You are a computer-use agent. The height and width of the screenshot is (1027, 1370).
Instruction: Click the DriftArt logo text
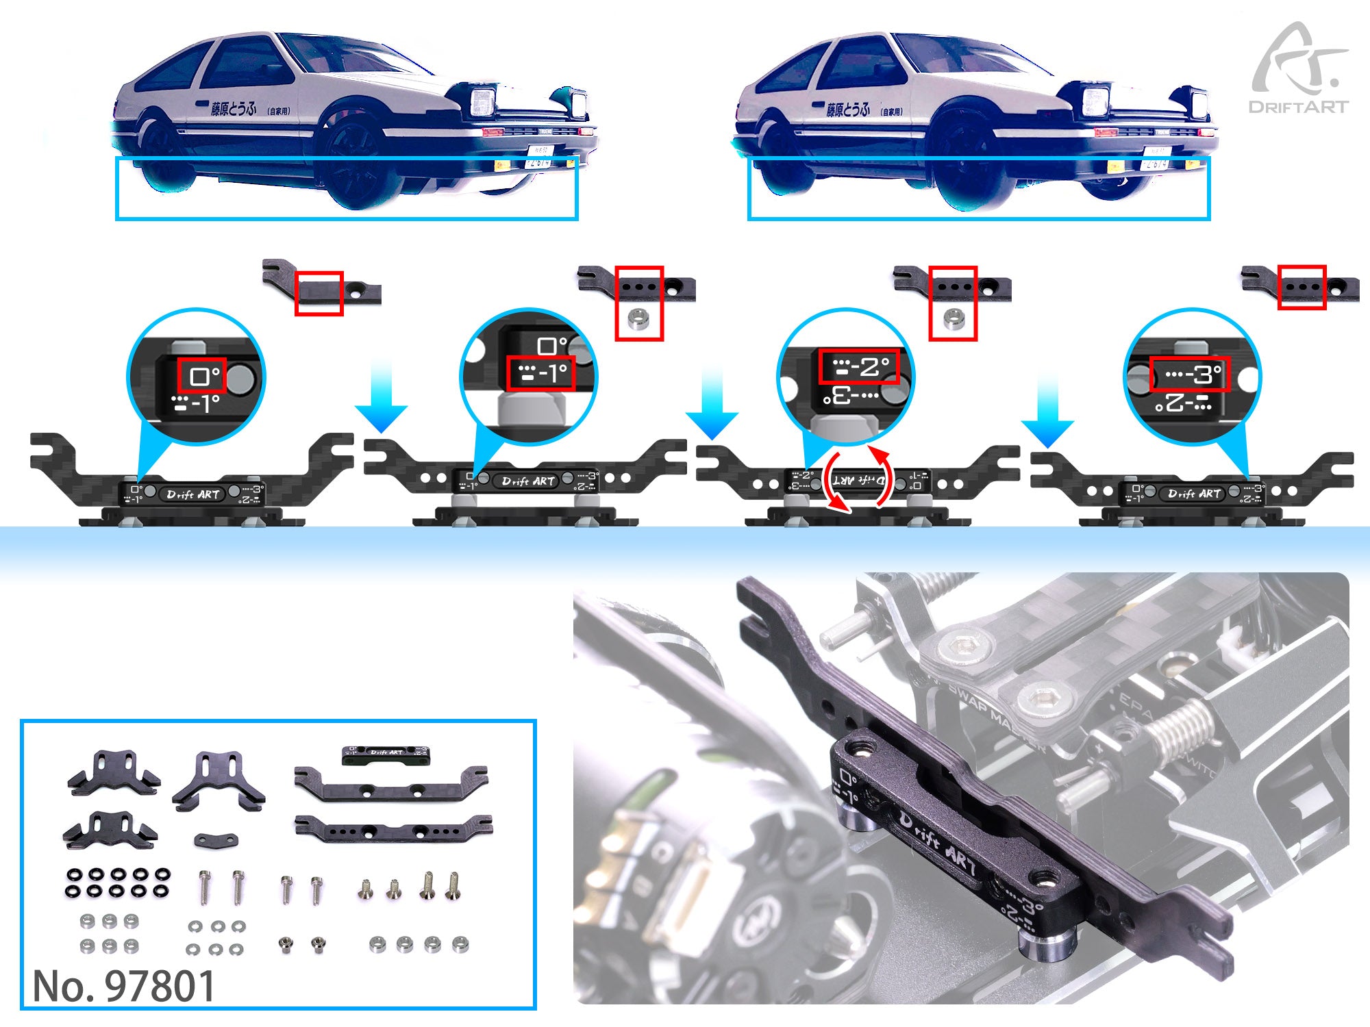[x=1298, y=107]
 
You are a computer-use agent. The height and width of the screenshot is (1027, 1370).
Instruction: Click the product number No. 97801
[x=123, y=986]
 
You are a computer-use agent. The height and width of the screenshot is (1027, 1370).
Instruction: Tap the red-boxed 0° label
[x=202, y=376]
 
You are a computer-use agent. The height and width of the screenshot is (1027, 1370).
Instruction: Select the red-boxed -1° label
[x=540, y=373]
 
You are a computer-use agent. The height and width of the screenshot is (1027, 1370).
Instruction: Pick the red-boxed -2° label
[x=859, y=367]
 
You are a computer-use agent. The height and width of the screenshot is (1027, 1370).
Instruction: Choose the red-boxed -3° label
[x=1190, y=374]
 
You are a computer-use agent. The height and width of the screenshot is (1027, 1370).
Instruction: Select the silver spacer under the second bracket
[x=639, y=319]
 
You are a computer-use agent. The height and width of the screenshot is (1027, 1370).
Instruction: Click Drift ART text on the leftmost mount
[x=192, y=494]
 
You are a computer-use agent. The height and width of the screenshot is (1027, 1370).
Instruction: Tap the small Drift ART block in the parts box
[x=386, y=755]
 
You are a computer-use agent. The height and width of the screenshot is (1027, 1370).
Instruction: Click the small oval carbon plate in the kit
[x=216, y=839]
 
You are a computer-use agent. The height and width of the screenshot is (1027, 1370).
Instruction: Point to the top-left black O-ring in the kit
[x=73, y=874]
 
